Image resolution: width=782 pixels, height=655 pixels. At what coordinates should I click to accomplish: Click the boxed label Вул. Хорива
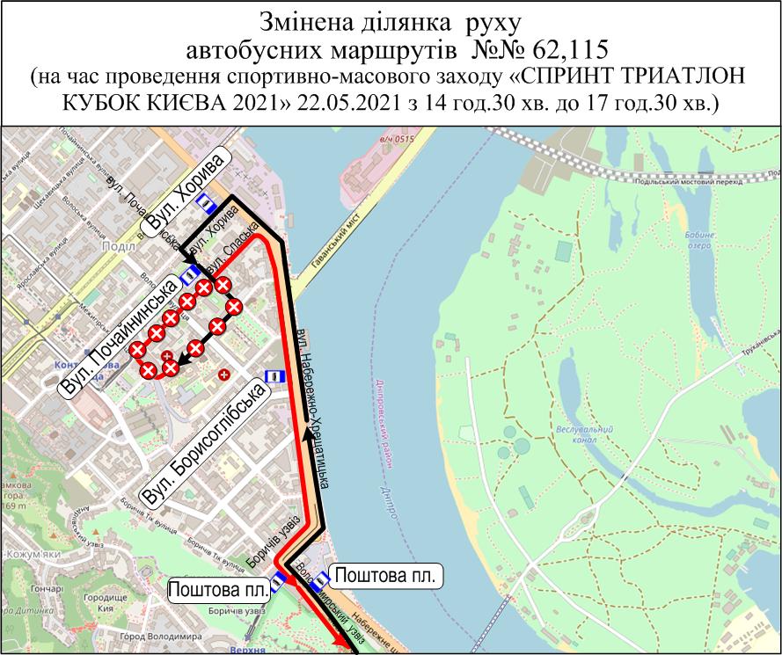[187, 193]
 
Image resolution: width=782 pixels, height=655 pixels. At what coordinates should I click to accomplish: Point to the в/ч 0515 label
[397, 137]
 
